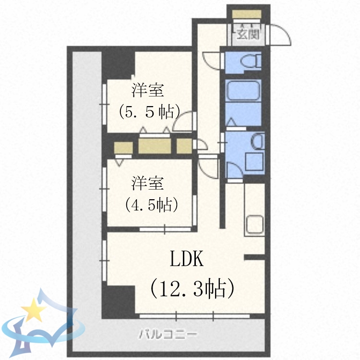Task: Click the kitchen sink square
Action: pyautogui.click(x=254, y=224)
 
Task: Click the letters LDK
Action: pyautogui.click(x=187, y=260)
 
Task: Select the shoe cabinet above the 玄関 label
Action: pyautogui.click(x=248, y=14)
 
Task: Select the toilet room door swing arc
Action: pyautogui.click(x=210, y=60)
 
